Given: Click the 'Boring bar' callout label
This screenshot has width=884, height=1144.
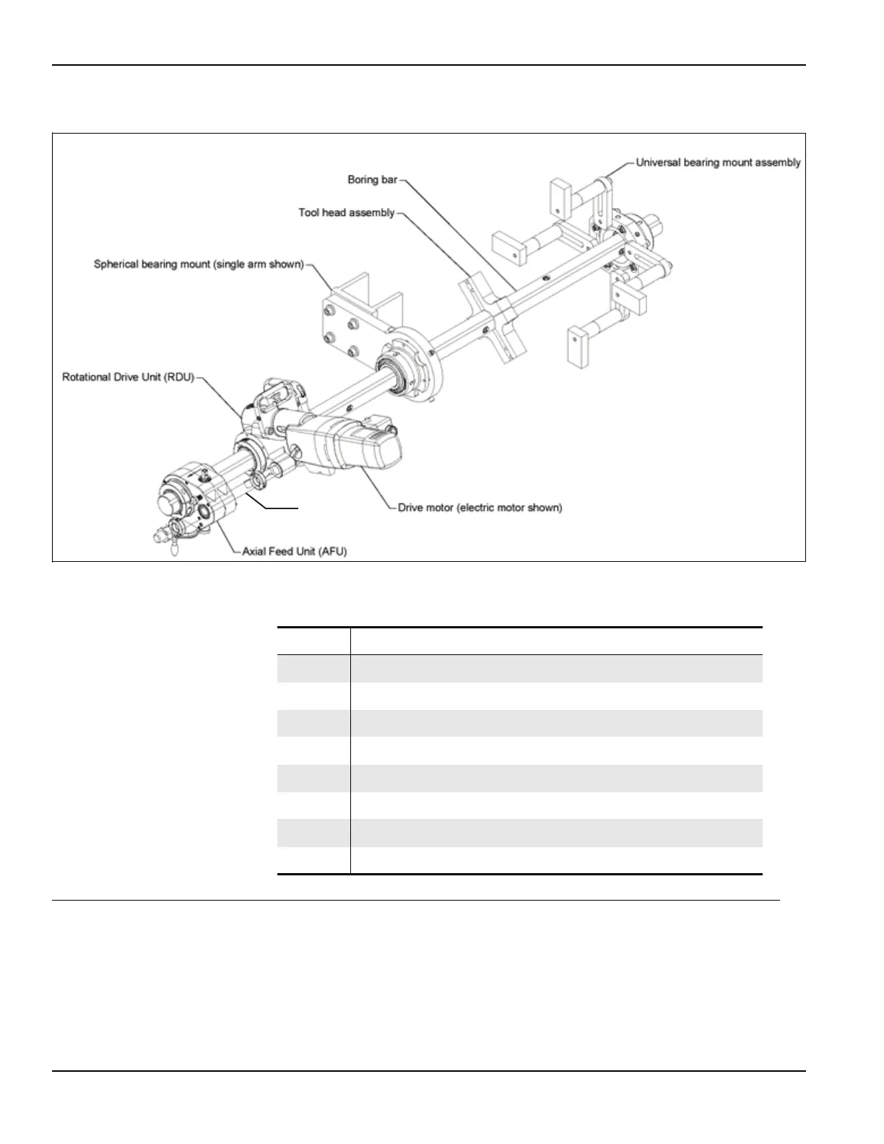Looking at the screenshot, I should pos(372,179).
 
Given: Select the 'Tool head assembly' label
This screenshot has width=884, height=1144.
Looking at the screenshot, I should pos(346,212).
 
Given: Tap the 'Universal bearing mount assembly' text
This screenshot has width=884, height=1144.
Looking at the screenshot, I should pos(718,162).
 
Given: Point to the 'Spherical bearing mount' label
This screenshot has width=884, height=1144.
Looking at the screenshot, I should pos(199,264).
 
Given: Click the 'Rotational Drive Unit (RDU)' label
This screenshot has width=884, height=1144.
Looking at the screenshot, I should pos(128,377).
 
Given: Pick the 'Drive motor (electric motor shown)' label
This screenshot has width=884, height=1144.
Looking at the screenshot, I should pos(480,508).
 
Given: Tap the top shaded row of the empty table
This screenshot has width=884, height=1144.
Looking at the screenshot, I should pos(520,668).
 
